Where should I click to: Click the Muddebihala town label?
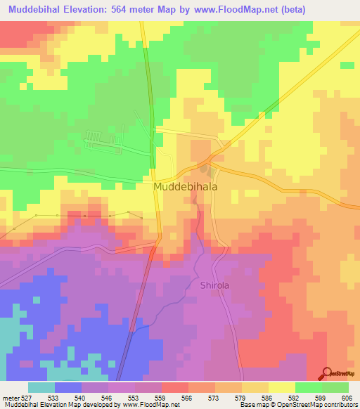coord(186,188)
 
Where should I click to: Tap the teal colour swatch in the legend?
coord(41,387)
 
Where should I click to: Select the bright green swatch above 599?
coord(309,387)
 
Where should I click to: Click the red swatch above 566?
coord(175,387)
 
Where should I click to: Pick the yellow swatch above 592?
coord(282,387)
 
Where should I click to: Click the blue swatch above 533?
coord(68,387)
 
